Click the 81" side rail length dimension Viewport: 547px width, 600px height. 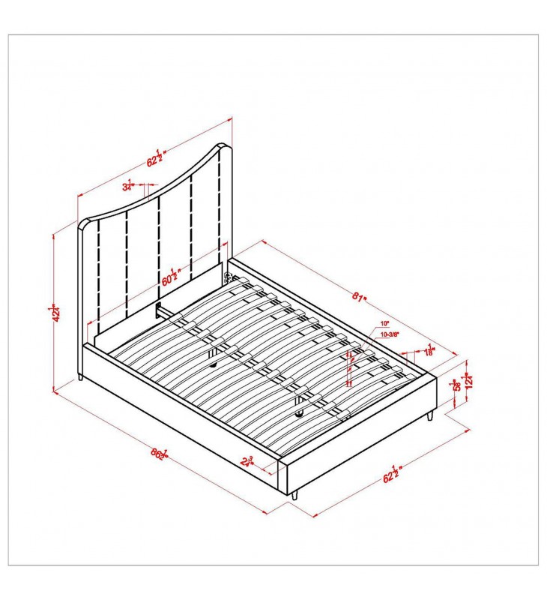coord(360,297)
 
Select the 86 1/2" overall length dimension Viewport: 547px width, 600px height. coord(159,453)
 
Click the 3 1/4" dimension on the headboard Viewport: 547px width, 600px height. coord(128,185)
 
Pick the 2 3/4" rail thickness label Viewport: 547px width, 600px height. coord(247,460)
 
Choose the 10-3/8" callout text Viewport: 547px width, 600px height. coord(389,334)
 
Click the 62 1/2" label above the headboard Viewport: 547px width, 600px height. coord(155,157)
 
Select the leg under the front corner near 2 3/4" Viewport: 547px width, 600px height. coord(295,495)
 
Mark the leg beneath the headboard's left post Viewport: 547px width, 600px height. coord(79,376)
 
